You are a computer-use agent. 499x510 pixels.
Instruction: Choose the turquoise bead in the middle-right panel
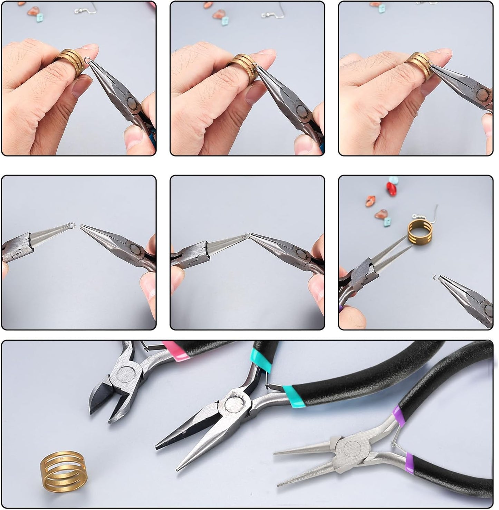(x=393, y=180)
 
